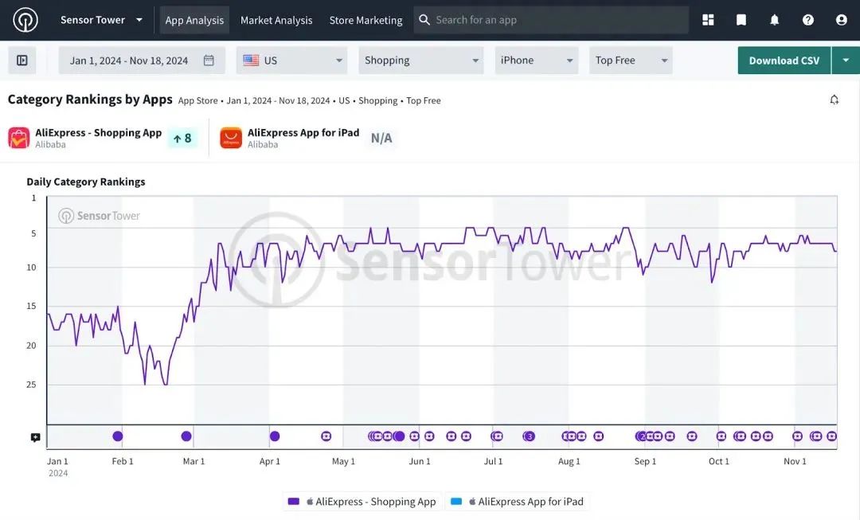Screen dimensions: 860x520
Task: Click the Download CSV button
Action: click(784, 61)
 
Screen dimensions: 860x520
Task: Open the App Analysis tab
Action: click(194, 20)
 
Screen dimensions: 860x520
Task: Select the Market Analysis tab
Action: click(276, 20)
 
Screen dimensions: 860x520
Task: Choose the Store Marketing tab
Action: click(365, 20)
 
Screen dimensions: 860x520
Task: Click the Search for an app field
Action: click(551, 20)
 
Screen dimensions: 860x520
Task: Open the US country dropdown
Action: click(291, 61)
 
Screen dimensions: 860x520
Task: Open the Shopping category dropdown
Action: click(420, 61)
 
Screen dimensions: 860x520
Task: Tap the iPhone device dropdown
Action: click(537, 61)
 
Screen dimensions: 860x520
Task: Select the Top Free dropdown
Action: click(631, 61)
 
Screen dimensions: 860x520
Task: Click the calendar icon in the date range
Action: click(209, 61)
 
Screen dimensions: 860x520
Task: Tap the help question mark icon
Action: click(808, 20)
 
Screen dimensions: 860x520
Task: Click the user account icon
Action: click(842, 20)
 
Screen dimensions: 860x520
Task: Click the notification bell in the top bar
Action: click(775, 20)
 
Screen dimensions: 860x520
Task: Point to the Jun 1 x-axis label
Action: click(420, 461)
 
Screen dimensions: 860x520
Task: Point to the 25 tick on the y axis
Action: click(31, 385)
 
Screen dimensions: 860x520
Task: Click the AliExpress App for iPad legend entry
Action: click(517, 502)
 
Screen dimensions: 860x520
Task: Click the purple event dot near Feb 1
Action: click(117, 436)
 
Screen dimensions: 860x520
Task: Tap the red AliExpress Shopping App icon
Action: click(18, 138)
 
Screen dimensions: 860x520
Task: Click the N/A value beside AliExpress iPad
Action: click(381, 138)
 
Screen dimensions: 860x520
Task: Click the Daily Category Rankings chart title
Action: click(85, 182)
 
